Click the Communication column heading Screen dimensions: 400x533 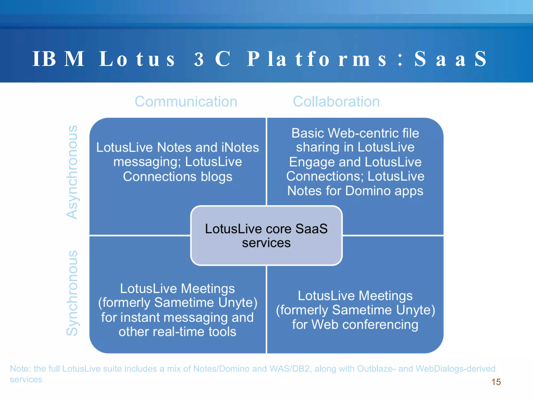(186, 102)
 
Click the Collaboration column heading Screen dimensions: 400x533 (336, 102)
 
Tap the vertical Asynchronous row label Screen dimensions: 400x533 (72, 172)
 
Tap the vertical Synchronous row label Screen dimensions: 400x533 (72, 293)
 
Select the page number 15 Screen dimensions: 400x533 (496, 382)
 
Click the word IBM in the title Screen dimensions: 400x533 (59, 59)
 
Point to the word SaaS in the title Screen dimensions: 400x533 (450, 59)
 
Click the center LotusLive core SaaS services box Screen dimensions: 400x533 (266, 236)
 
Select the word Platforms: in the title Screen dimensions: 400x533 (325, 59)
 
